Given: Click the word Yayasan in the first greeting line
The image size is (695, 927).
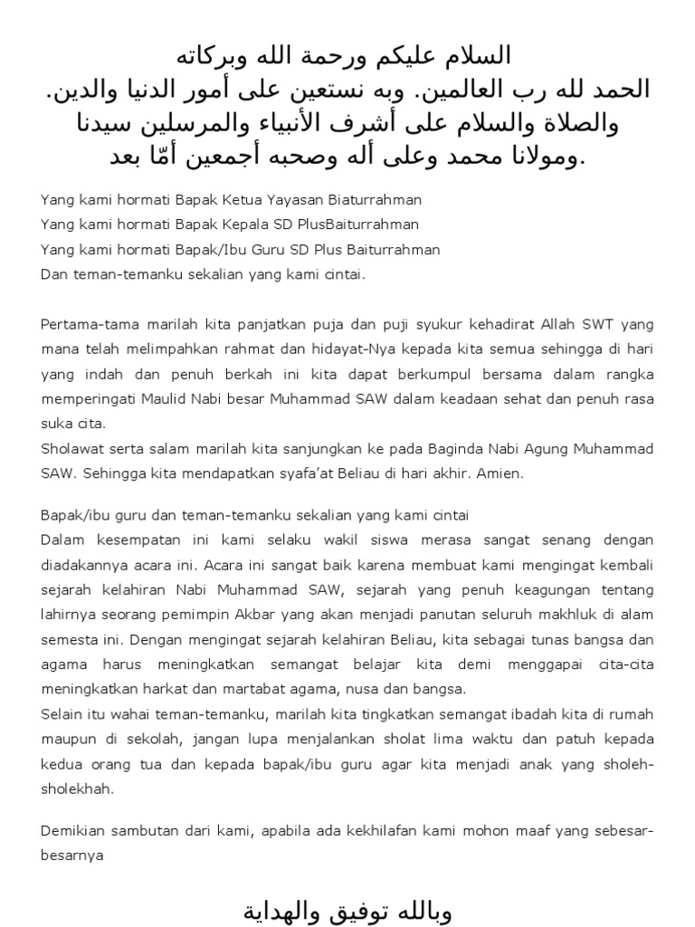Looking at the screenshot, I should point(305,199).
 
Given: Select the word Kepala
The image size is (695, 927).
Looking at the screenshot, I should point(242,225).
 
